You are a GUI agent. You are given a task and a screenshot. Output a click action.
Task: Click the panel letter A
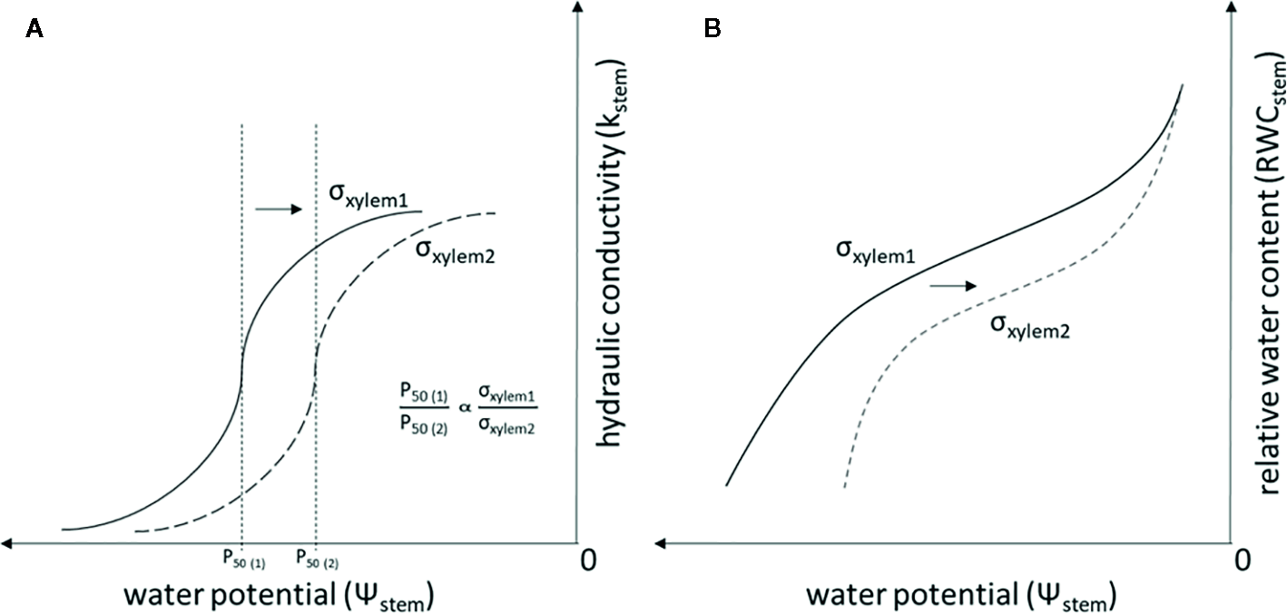34,30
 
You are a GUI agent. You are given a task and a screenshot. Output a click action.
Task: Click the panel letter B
713,30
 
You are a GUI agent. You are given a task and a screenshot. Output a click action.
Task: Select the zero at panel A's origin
588,560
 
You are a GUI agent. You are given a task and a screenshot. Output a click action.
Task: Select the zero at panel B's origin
1244,560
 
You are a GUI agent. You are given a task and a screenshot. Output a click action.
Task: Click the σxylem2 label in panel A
451,250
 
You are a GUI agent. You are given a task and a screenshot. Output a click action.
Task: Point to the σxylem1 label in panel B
874,252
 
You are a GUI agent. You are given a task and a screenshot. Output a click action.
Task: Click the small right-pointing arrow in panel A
279,209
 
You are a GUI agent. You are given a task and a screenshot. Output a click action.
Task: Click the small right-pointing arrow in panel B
952,286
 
